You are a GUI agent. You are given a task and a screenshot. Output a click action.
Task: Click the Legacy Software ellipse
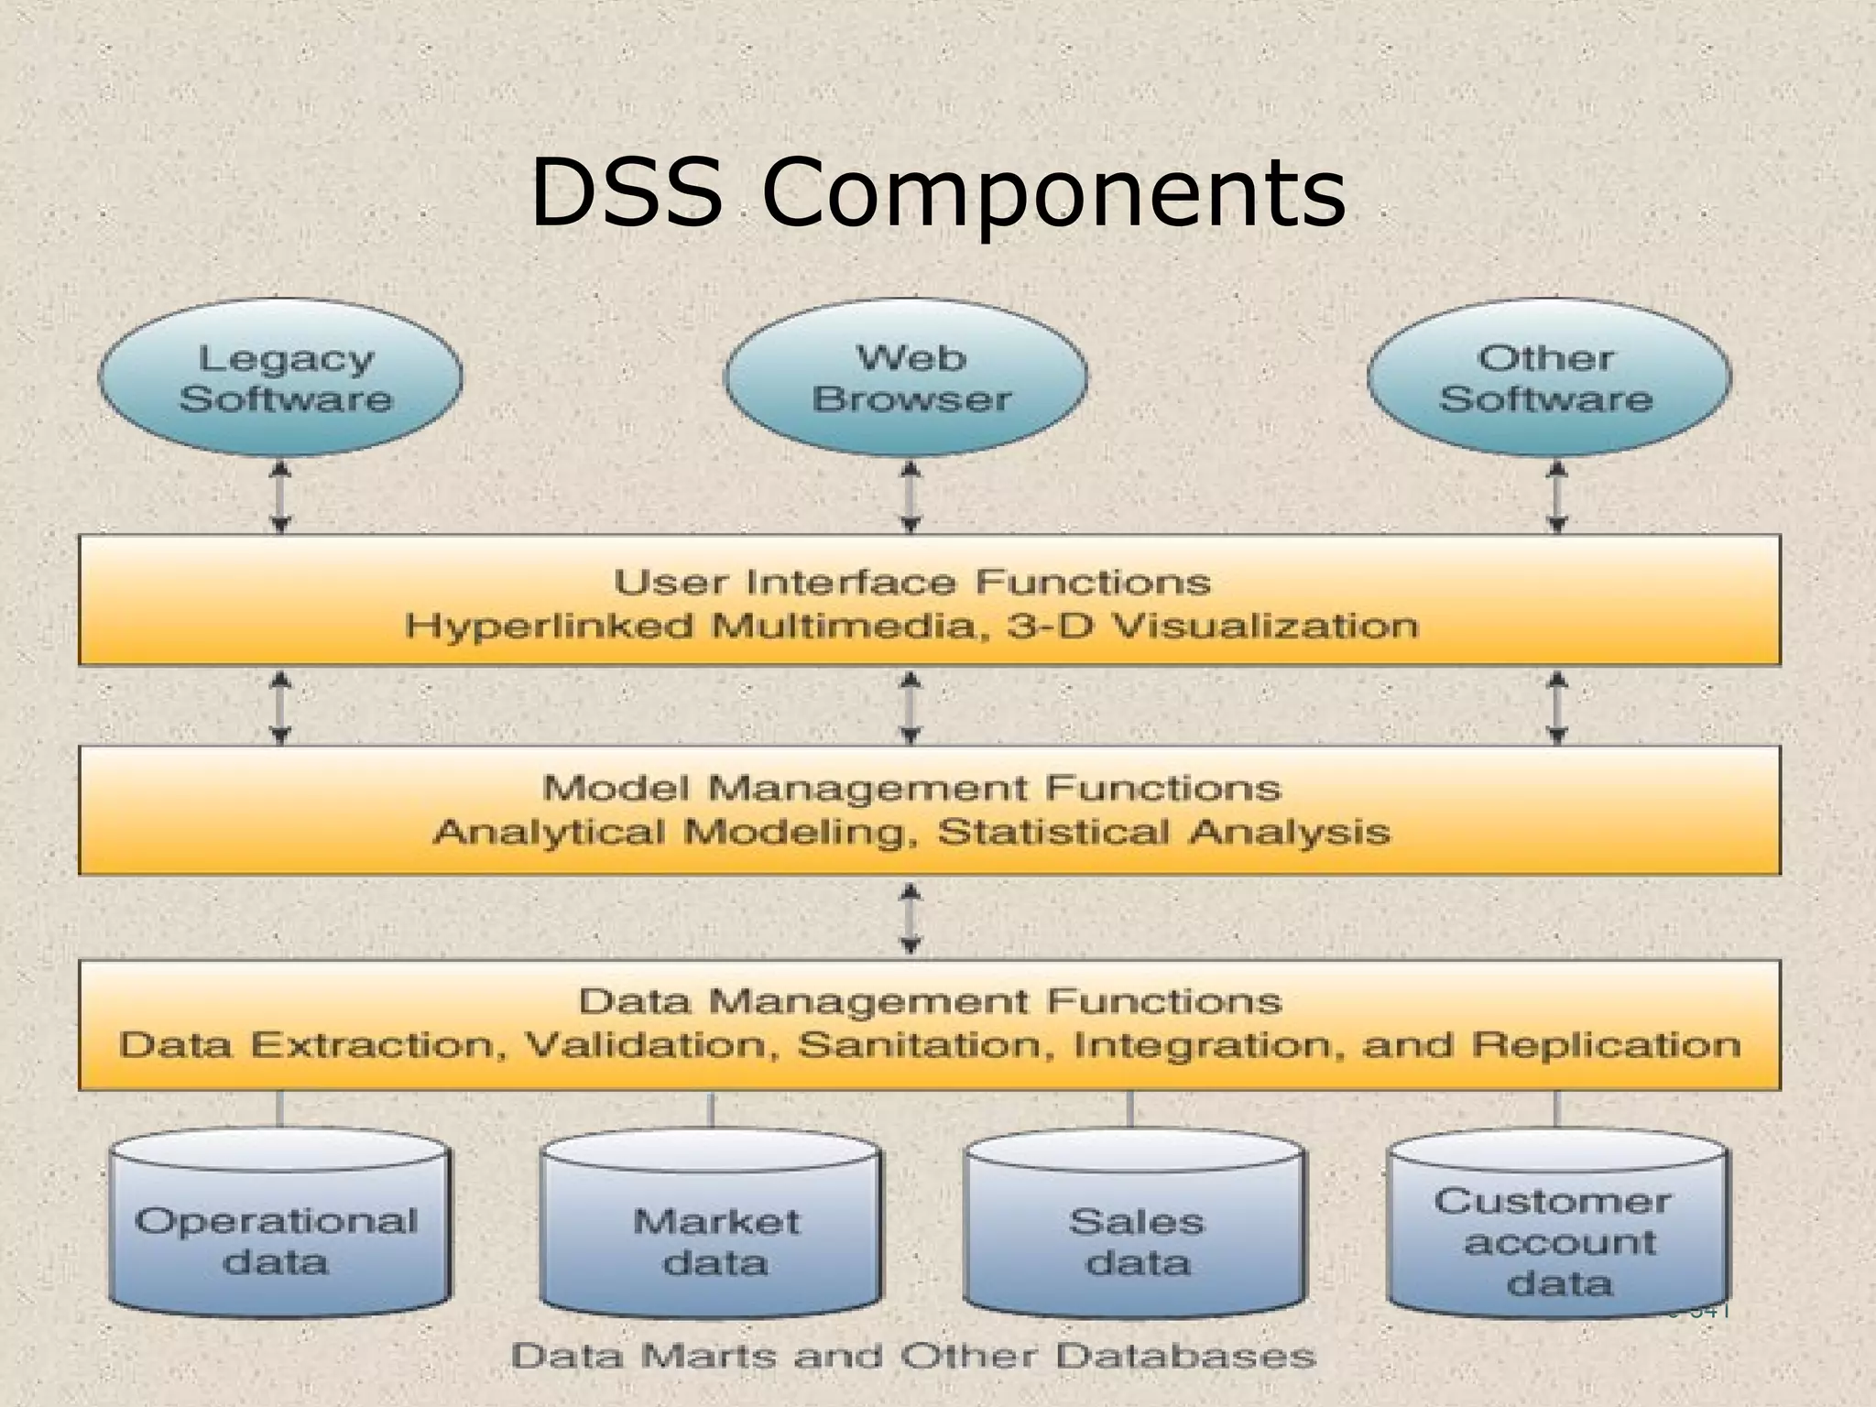point(280,377)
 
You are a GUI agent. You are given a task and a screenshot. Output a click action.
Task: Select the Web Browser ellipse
point(906,377)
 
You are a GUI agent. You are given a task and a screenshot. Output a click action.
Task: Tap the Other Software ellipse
point(1549,377)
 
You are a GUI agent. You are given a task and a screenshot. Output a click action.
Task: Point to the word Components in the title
point(1053,194)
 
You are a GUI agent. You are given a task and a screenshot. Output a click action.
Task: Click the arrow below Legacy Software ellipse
point(281,496)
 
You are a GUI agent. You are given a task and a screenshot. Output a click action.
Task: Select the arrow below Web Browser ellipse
point(910,496)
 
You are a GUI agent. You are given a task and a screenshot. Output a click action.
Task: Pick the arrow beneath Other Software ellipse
point(1556,496)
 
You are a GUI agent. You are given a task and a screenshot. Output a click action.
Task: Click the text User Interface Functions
point(911,582)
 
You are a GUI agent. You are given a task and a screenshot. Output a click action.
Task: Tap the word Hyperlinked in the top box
point(549,627)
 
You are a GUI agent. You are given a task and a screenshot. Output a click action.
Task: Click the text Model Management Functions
point(911,788)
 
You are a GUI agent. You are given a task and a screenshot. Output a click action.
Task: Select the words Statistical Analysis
point(1163,832)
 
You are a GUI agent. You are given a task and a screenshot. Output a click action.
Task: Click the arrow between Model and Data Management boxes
point(910,918)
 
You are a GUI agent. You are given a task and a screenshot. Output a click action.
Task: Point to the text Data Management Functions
point(929,1001)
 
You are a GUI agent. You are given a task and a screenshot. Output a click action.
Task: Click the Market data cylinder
point(712,1227)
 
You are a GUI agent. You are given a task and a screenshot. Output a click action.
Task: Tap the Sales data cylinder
point(1136,1227)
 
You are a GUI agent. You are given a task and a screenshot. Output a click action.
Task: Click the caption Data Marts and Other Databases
point(913,1356)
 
